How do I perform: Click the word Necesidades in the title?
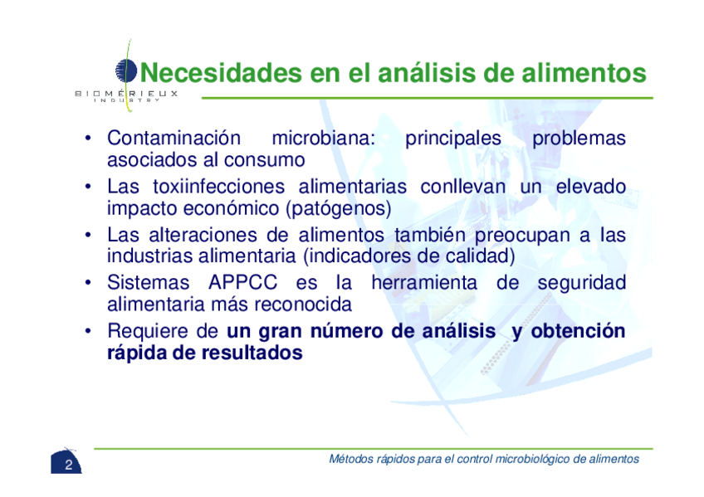click(222, 72)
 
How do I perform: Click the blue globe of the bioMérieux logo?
click(126, 71)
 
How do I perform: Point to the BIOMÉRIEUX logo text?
click(126, 93)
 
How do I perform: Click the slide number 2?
click(68, 465)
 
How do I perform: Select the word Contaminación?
click(174, 138)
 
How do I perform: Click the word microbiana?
click(323, 138)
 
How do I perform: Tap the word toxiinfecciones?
click(218, 186)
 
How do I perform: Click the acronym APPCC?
click(243, 283)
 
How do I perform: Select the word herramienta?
click(424, 283)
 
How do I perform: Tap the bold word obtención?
click(578, 331)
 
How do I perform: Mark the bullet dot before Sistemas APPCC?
click(89, 283)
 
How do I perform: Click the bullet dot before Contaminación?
click(89, 139)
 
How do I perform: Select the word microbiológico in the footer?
click(532, 459)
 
